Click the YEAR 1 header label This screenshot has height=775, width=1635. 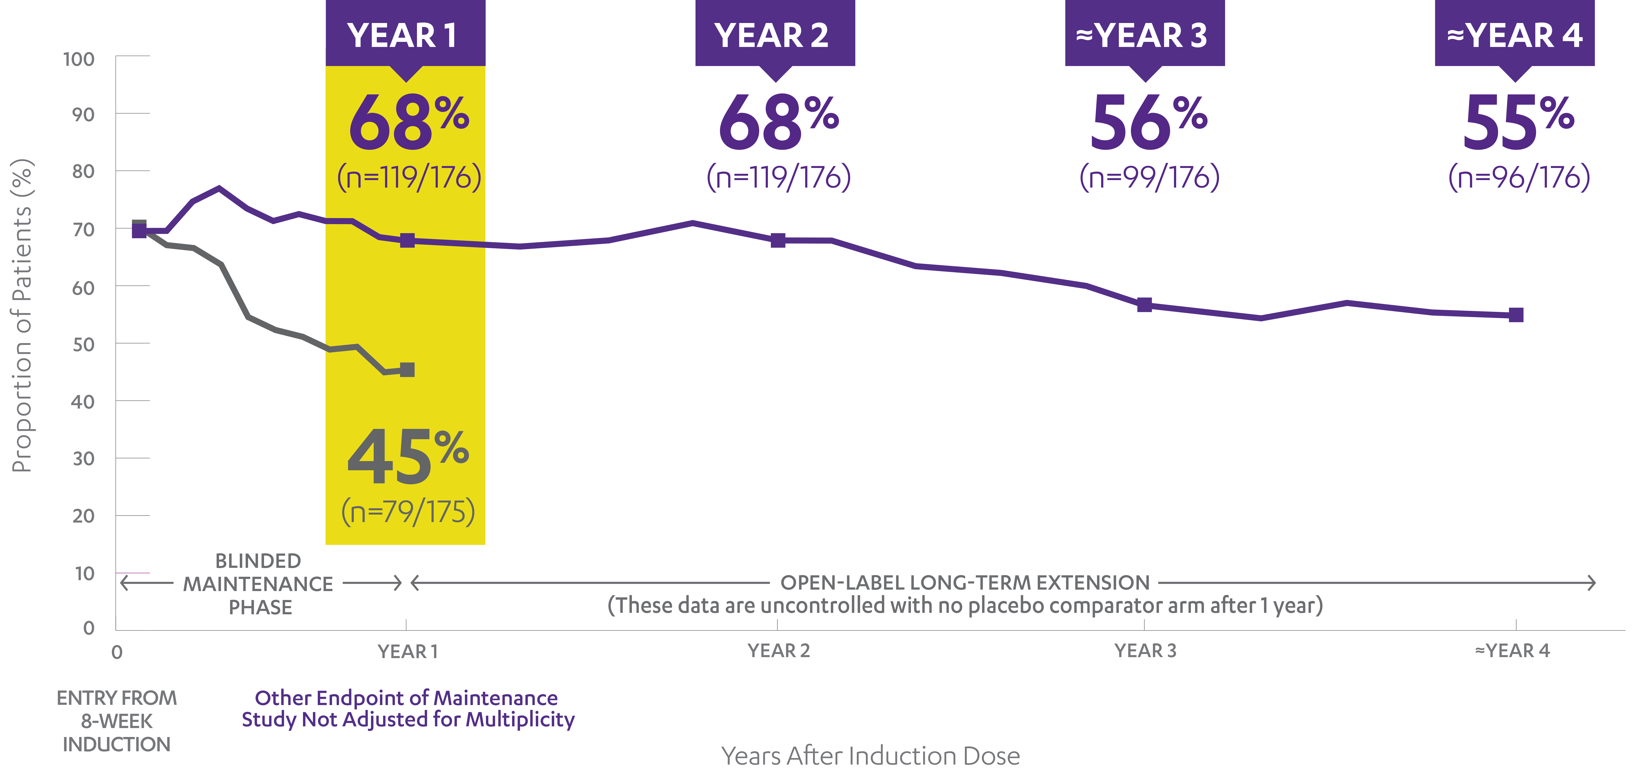coord(402,36)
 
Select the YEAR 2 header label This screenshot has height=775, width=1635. coord(771,36)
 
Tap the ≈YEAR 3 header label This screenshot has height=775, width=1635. coord(1141,36)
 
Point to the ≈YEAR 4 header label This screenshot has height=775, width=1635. coord(1514,36)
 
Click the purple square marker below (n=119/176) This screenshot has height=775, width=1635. coord(408,241)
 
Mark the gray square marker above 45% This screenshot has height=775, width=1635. coord(408,369)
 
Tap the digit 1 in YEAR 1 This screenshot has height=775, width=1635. coord(450,36)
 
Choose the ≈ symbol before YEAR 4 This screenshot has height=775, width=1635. coord(1455,36)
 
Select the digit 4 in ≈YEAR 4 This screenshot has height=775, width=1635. coord(1572,36)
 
